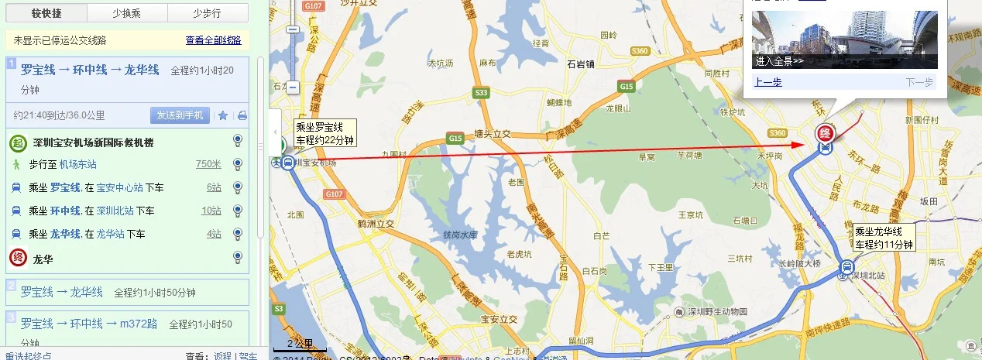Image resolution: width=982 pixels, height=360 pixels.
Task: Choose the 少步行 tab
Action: (x=207, y=13)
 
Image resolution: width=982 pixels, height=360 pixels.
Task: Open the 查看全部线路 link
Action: (x=213, y=40)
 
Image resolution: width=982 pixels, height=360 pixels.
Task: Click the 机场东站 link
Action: (x=78, y=164)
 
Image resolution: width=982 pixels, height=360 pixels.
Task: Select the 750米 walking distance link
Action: (x=208, y=164)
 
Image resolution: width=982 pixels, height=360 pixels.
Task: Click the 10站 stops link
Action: (x=211, y=211)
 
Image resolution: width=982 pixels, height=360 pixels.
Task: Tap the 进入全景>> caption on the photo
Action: (x=780, y=61)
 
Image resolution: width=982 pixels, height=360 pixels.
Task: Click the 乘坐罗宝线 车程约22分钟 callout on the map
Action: (x=324, y=133)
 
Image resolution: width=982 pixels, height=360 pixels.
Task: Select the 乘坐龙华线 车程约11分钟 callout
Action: (x=884, y=238)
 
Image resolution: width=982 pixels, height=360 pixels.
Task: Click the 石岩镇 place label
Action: (x=580, y=64)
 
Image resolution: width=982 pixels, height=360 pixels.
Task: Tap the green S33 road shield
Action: (x=482, y=93)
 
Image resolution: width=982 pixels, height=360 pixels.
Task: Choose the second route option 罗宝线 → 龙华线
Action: (x=62, y=292)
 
